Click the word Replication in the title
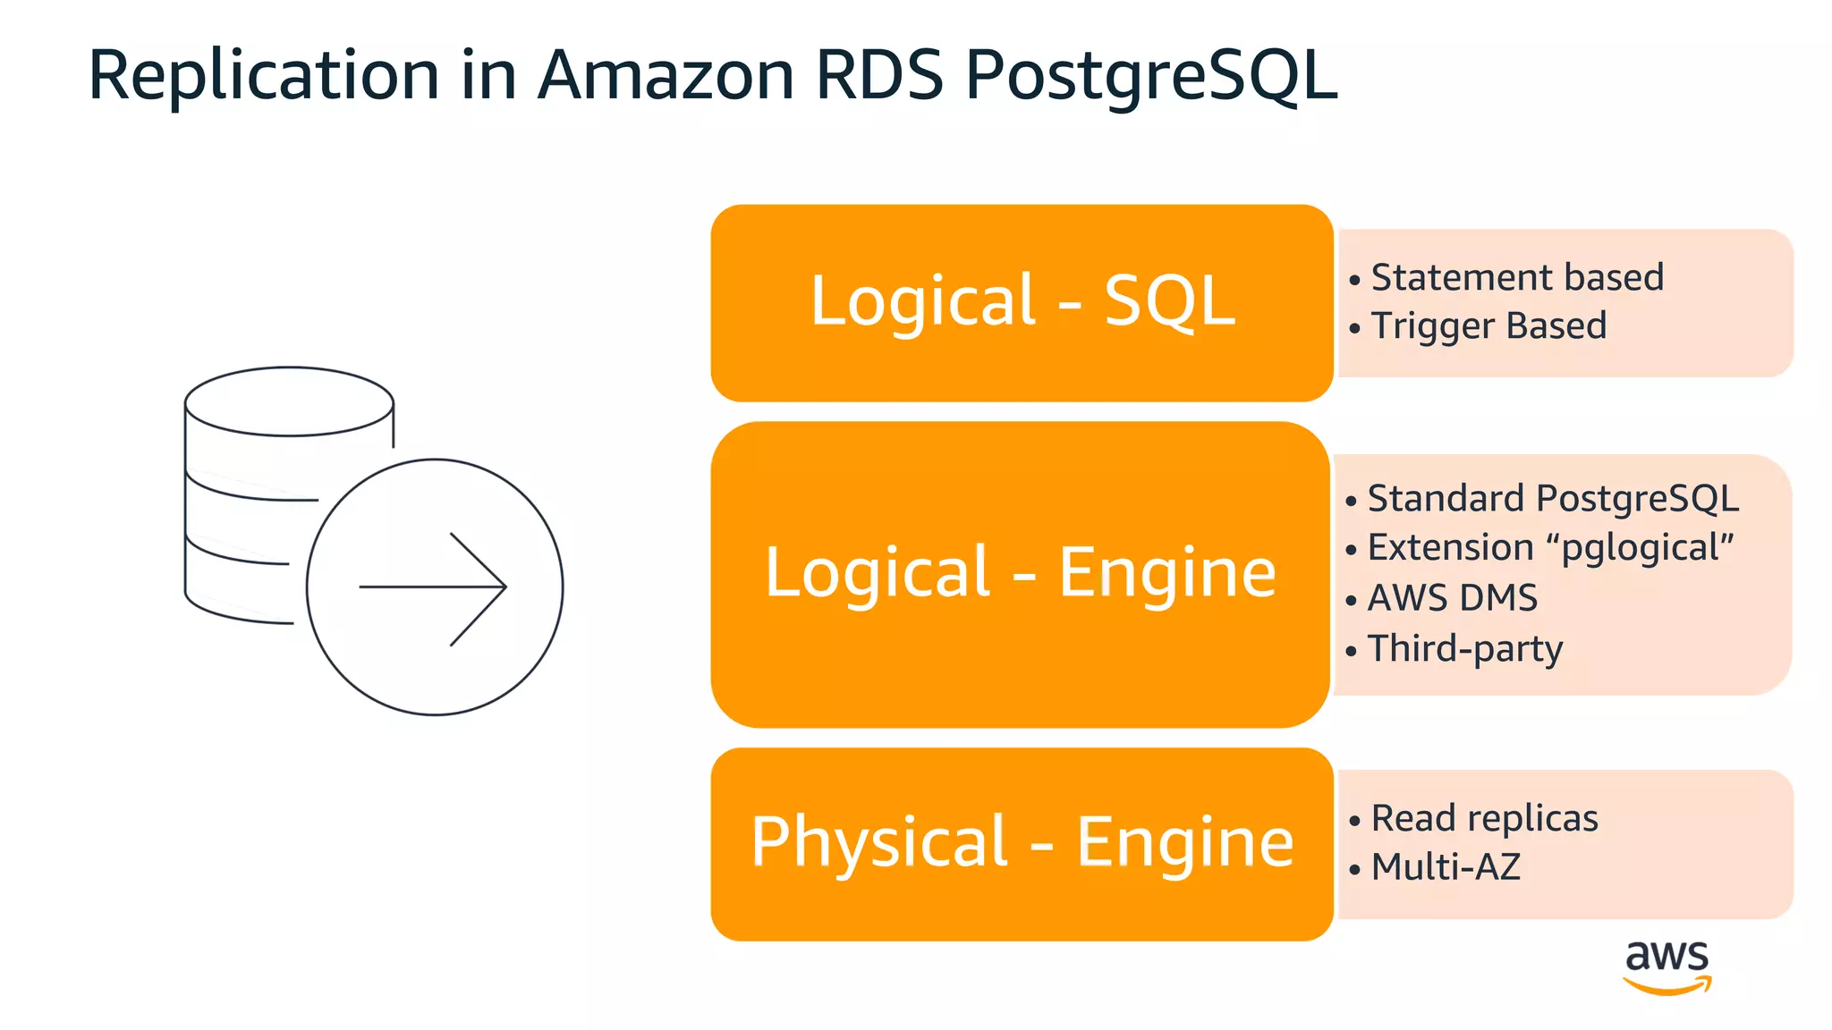(x=264, y=75)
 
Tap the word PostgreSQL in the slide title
(x=1150, y=75)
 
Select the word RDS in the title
(x=878, y=75)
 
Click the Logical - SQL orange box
(x=1022, y=302)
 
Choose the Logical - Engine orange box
(x=1020, y=573)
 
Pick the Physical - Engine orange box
(x=1022, y=843)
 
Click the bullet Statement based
(x=1516, y=277)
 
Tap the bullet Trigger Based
(x=1488, y=325)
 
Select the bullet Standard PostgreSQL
(x=1552, y=498)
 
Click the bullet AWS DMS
(x=1452, y=597)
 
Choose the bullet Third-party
(x=1464, y=648)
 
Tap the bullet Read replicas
(x=1484, y=818)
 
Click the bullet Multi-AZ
(x=1445, y=866)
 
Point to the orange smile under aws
(x=1667, y=986)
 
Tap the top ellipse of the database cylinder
(x=289, y=401)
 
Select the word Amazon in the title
(x=666, y=75)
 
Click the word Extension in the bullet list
(x=1450, y=548)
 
